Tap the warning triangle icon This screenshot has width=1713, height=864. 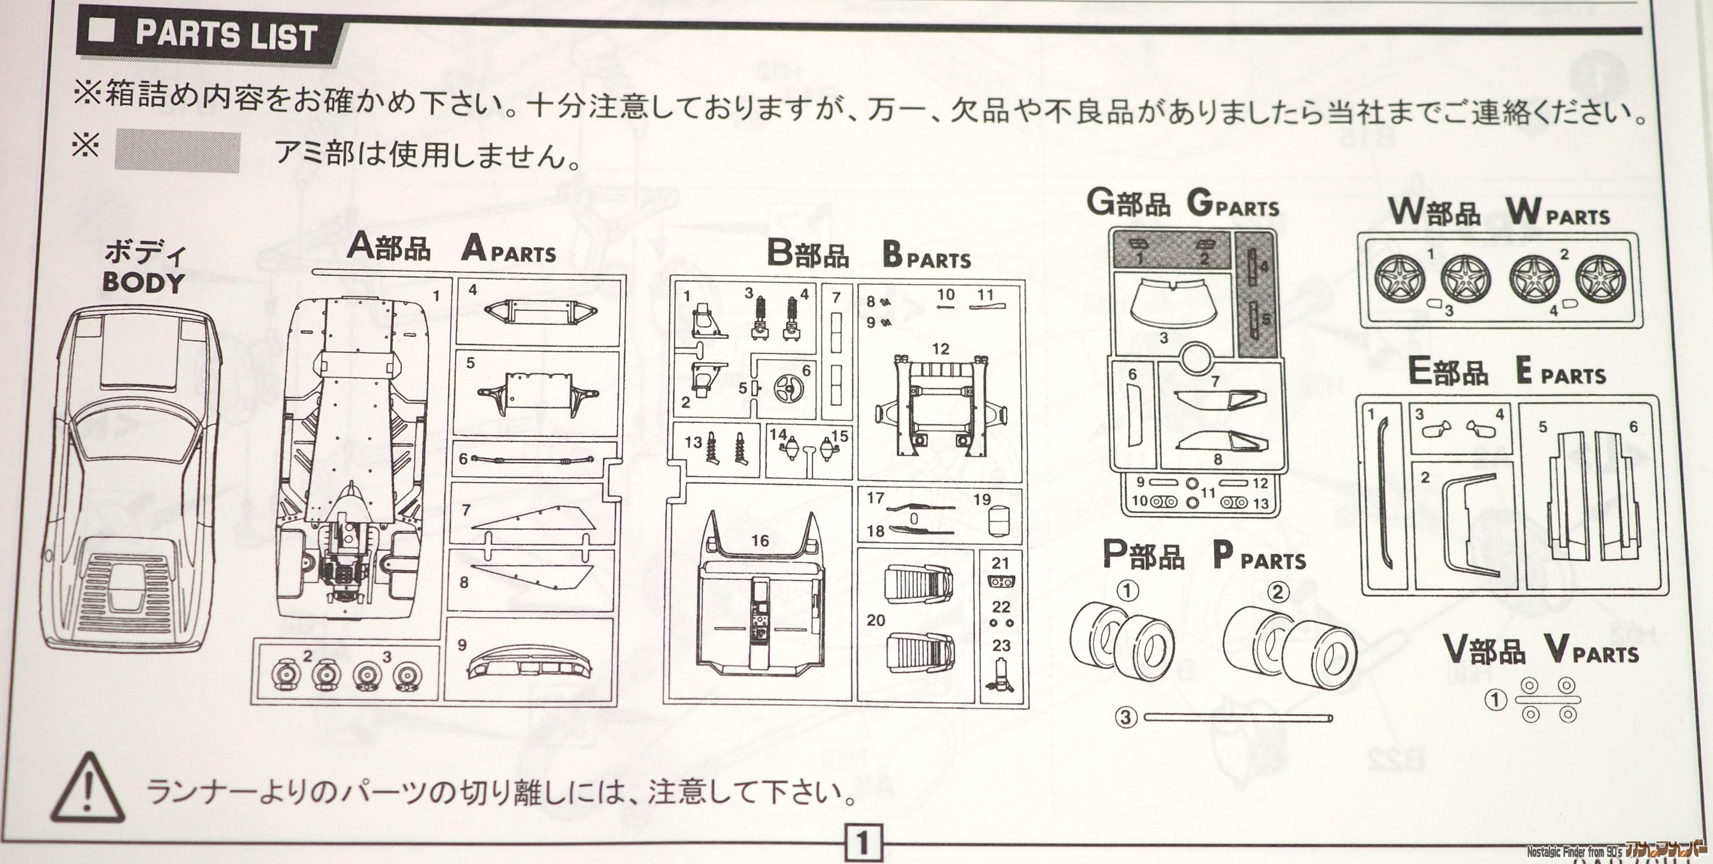87,788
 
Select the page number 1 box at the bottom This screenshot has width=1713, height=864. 863,843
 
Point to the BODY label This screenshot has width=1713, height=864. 143,282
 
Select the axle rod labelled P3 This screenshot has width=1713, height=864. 1238,717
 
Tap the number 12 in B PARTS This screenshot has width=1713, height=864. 940,349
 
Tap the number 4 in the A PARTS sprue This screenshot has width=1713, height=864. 473,290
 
